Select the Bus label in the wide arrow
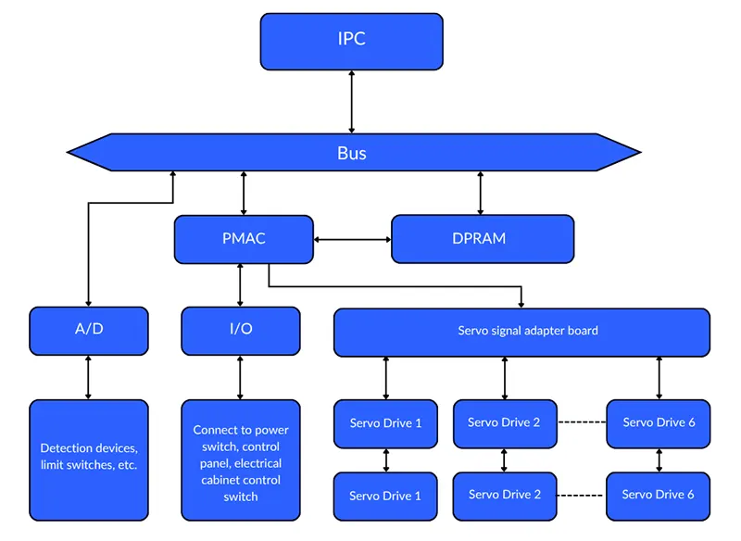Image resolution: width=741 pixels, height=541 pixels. (x=351, y=153)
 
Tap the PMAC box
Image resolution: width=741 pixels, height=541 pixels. (x=243, y=239)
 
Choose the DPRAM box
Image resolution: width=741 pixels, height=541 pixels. (x=482, y=239)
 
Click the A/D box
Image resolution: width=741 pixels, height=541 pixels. (x=89, y=331)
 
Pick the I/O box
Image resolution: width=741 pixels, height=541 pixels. (x=241, y=331)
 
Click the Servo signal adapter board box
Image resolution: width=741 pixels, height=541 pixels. (x=521, y=332)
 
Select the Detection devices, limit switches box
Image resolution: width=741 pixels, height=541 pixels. (x=89, y=458)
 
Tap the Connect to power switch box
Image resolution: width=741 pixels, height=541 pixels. (x=241, y=459)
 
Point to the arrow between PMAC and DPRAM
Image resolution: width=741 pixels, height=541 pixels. (x=352, y=239)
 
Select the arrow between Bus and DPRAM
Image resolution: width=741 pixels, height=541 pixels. (x=480, y=193)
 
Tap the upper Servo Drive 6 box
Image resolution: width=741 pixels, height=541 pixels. (x=658, y=423)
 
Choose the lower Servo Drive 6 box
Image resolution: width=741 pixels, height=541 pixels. (x=658, y=495)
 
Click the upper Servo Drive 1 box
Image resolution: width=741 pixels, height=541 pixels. (x=385, y=423)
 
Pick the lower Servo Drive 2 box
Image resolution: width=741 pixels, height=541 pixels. (x=505, y=495)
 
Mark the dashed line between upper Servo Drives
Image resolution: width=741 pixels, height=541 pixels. (x=582, y=423)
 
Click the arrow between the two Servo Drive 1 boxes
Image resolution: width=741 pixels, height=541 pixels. (x=385, y=459)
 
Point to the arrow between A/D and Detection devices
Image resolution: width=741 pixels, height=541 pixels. (x=89, y=377)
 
